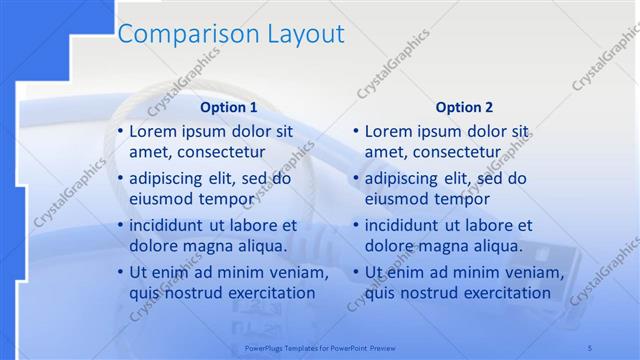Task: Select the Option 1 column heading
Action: [229, 107]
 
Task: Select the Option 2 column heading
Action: [464, 107]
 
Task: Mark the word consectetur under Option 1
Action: [220, 152]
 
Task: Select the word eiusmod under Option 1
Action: [160, 198]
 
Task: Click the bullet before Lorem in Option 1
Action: [121, 132]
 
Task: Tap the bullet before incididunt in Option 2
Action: [356, 226]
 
